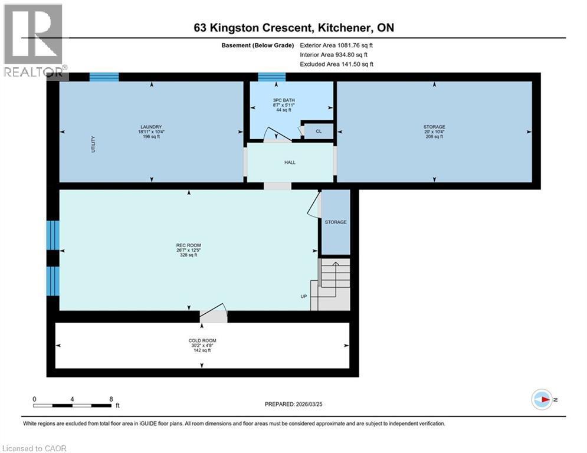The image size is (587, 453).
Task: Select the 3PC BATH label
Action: tap(284, 100)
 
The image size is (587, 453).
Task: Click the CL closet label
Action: tap(318, 132)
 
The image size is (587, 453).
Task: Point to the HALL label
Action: tap(290, 162)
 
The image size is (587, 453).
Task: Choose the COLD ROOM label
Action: tap(202, 340)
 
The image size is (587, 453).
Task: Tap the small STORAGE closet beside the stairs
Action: tap(335, 222)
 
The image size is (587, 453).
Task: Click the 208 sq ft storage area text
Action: tap(434, 136)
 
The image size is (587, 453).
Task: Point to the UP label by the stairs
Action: tap(303, 296)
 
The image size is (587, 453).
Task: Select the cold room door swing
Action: tap(213, 313)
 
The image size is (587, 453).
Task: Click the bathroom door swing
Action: tap(277, 135)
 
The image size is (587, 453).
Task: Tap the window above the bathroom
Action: tap(271, 77)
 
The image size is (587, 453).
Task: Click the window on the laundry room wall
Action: tap(104, 77)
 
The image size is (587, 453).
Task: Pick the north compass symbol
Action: tap(542, 400)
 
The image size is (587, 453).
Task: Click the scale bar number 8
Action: tap(111, 399)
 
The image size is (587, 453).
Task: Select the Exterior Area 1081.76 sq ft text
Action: tap(336, 45)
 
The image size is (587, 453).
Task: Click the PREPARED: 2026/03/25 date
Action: tap(294, 404)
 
